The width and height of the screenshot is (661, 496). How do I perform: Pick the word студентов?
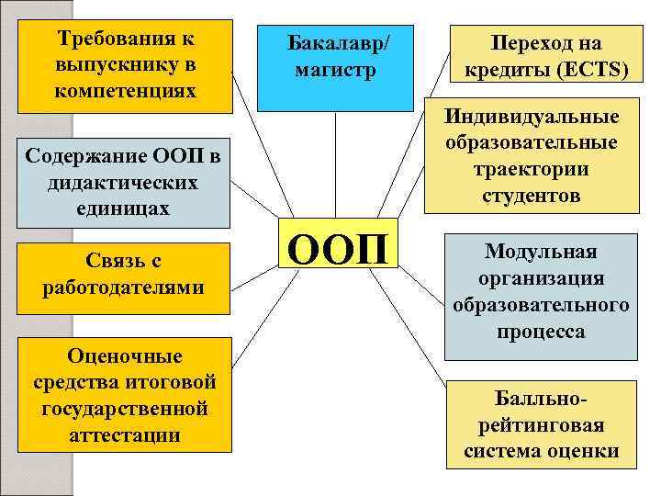click(532, 196)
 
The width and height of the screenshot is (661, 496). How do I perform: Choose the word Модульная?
click(541, 251)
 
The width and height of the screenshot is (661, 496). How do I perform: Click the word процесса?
click(541, 332)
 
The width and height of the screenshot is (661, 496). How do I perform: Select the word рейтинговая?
click(541, 425)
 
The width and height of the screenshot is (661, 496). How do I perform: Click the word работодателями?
click(123, 287)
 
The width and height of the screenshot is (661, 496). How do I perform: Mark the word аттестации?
click(124, 434)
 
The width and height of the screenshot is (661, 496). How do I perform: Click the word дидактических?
click(123, 183)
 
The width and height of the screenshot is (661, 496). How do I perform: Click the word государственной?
click(124, 408)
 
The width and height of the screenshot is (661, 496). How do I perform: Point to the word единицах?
click(123, 209)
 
